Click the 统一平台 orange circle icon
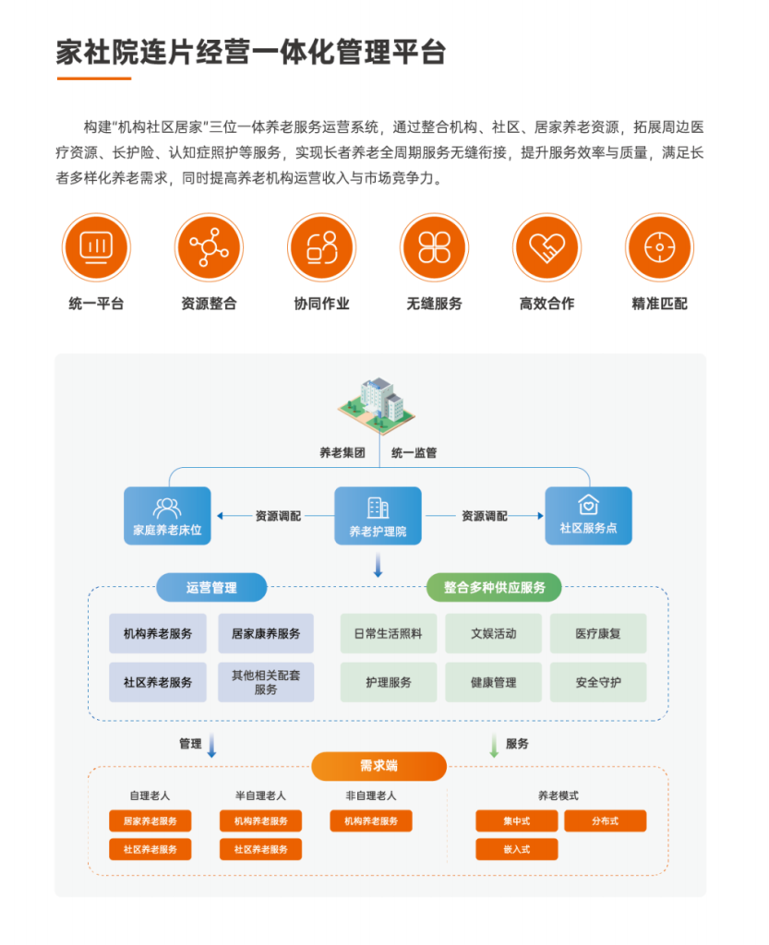[x=96, y=247]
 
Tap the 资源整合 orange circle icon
[x=210, y=247]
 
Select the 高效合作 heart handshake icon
[x=547, y=247]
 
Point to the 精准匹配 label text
[x=659, y=303]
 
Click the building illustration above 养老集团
[x=378, y=406]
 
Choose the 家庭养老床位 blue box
[x=167, y=516]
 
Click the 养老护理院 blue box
[x=378, y=516]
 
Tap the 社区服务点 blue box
[x=588, y=516]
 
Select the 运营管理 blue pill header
[x=211, y=587]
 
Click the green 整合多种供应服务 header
[x=494, y=587]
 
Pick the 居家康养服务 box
[x=266, y=633]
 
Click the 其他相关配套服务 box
[x=266, y=682]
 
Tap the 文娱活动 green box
[x=494, y=633]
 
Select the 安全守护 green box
[x=598, y=682]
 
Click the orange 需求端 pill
[x=379, y=766]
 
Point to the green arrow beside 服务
[x=494, y=746]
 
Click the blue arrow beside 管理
[x=211, y=746]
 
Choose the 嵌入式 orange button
[x=516, y=849]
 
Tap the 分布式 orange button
[x=605, y=820]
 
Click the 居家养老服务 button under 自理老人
[x=150, y=820]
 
